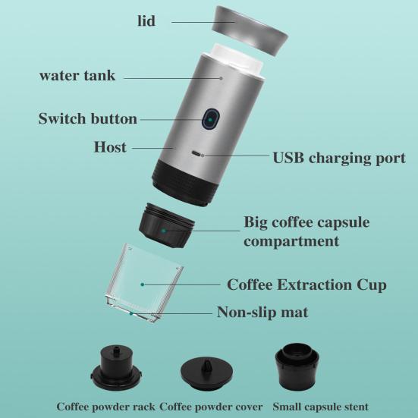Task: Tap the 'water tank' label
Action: (x=77, y=76)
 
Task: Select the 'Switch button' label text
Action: (x=88, y=119)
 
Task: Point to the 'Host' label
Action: (x=110, y=146)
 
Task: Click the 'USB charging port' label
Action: (x=338, y=158)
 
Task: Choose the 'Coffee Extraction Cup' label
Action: (x=306, y=284)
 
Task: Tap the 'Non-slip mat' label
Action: (x=262, y=312)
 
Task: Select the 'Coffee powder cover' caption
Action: (x=210, y=406)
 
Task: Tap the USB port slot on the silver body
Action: (x=199, y=153)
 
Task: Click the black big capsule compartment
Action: (x=168, y=225)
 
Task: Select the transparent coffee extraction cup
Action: (x=144, y=281)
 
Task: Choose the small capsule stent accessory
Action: (x=296, y=366)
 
